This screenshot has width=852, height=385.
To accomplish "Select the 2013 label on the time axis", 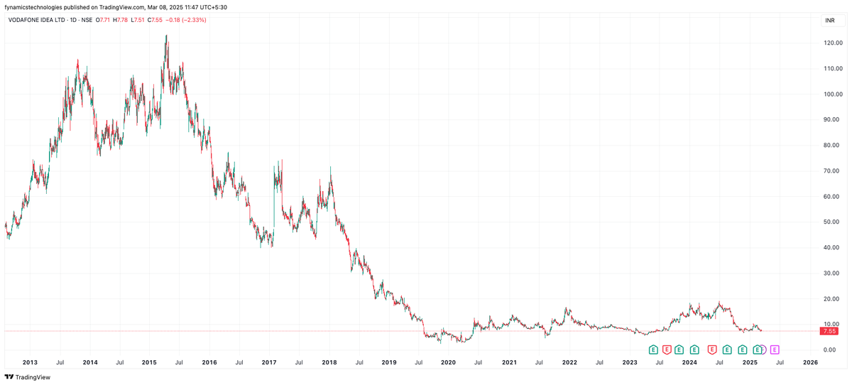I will pos(30,362).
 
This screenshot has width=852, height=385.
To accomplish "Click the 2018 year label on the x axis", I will pos(329,362).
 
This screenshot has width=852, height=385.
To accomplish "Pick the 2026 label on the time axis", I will pos(810,362).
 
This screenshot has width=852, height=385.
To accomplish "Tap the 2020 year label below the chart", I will pos(448,362).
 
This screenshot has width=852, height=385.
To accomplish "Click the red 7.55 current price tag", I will pos(829,331).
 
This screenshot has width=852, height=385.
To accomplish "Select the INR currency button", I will pos(829,21).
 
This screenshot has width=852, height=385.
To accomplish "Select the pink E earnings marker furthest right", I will pos(775,349).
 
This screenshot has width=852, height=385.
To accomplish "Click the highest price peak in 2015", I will pos(166,36).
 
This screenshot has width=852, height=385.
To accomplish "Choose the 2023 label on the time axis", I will pos(630,362).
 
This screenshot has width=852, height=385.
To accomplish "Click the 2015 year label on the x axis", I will pos(149,362).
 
